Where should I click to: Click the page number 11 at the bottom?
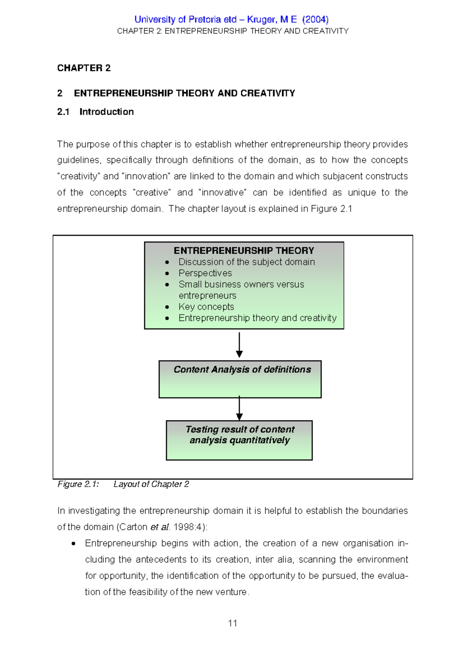coord(232,623)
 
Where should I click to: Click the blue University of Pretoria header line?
coord(231,19)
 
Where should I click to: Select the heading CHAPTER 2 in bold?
coord(84,68)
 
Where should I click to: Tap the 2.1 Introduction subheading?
coord(95,112)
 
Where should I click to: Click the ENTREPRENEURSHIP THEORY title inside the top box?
coord(244,250)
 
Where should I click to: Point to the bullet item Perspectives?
coord(205,273)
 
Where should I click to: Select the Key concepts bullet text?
coord(206,307)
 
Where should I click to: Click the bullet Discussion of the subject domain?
coord(246,262)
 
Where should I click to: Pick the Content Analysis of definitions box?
coord(240,379)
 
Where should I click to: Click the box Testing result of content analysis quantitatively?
coord(239,440)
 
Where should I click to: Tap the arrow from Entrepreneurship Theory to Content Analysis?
coord(239,344)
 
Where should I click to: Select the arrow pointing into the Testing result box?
coord(239,409)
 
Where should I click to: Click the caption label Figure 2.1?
coord(78,484)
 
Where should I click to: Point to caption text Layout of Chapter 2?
coord(151,484)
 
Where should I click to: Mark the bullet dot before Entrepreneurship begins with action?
coord(73,544)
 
